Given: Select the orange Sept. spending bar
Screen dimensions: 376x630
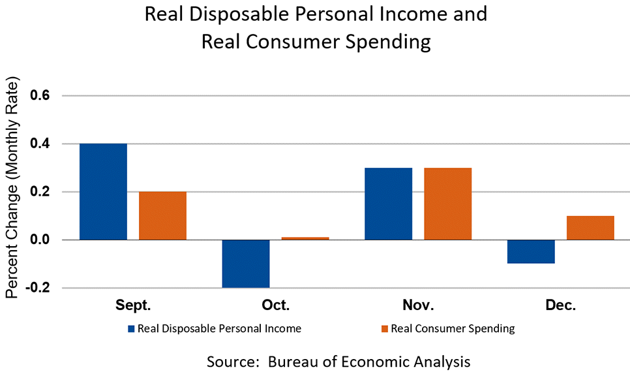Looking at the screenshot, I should point(162,215).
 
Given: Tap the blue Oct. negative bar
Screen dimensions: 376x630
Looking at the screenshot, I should point(246,264).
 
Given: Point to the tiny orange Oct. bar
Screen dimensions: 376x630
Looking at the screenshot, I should point(305,238).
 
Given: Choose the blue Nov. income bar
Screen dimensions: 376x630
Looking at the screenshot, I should point(388,204).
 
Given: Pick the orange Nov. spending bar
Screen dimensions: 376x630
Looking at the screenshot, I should point(447,204).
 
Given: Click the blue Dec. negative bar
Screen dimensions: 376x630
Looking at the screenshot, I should point(531,251).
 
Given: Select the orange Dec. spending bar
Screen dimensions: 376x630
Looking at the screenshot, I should point(590,228).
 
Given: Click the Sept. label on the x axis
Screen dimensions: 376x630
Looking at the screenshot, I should point(133,305).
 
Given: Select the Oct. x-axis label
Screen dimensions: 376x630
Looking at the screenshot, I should point(275,305).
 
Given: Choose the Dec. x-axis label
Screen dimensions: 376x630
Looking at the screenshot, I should point(560,305).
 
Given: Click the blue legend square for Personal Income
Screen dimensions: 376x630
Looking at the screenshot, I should point(131,329).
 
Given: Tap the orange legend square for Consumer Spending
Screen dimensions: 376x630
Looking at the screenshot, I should point(384,329).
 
